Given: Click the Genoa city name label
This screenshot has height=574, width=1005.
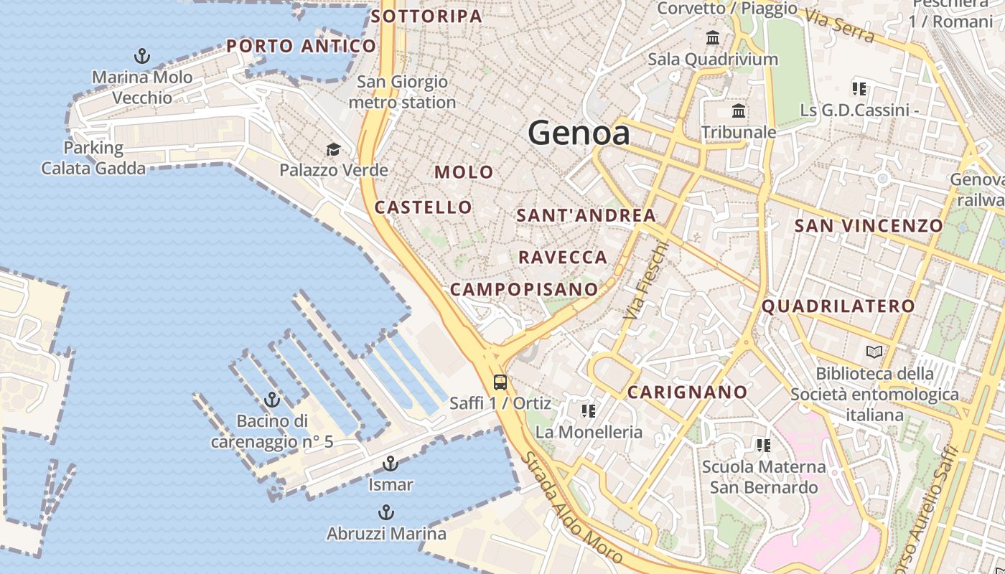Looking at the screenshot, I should (x=579, y=133).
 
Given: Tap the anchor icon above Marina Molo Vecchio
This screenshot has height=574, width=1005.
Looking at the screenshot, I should (x=142, y=55).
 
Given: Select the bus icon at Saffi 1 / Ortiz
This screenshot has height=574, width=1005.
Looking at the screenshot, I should (x=500, y=382).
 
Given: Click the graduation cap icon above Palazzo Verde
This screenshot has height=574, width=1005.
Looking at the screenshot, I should (x=333, y=149).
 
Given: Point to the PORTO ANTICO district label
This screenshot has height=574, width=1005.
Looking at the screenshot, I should (x=301, y=47).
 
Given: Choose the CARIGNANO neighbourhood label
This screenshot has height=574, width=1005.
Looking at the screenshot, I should (x=687, y=392).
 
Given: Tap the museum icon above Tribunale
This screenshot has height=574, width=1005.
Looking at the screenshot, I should (x=738, y=111).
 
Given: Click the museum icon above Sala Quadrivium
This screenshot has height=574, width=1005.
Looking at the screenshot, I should (x=713, y=37).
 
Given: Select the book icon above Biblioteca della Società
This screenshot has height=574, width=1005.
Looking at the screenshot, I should (x=874, y=352).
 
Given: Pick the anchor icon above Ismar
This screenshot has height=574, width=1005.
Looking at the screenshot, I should (x=391, y=464).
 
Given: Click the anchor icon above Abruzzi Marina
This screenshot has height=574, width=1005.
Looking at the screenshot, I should (x=386, y=512).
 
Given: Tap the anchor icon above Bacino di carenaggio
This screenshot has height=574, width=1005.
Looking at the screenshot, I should (x=272, y=400).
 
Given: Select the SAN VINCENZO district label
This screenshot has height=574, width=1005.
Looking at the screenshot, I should (x=868, y=226).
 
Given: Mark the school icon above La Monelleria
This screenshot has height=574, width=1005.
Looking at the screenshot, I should (x=589, y=411).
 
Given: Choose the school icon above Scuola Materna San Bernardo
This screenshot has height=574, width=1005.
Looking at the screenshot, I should (x=764, y=446).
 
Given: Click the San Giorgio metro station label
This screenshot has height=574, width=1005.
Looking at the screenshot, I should (x=402, y=92).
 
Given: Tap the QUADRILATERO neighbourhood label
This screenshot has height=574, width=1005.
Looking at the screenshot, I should (x=838, y=306).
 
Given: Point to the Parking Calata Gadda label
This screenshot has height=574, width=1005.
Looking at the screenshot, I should (x=93, y=158).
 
